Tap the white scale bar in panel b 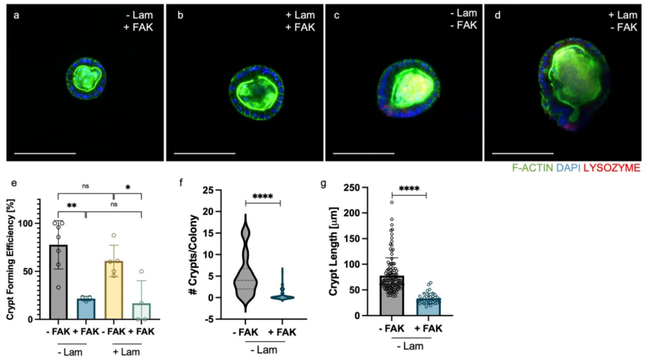(205, 154)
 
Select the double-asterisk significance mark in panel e (71, 207)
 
